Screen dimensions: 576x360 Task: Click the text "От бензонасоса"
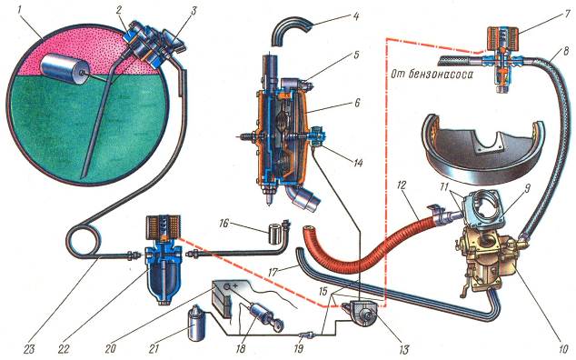431,75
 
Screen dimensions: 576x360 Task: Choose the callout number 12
402,185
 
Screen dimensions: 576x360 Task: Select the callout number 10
560,347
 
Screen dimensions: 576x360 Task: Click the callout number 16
224,224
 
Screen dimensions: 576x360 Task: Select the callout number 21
154,348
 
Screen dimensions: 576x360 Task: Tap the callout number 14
357,162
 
